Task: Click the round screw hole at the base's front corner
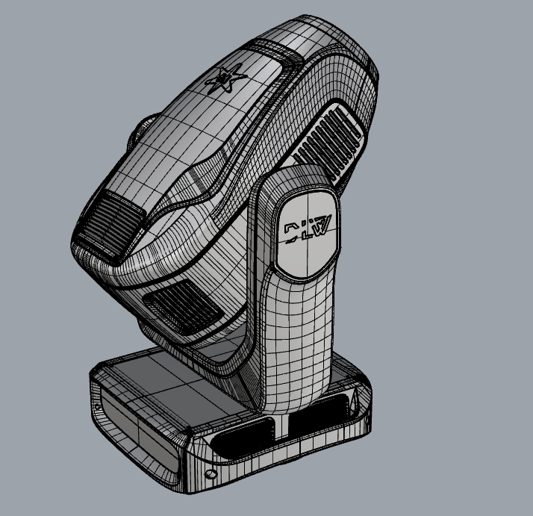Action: coord(211,473)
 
